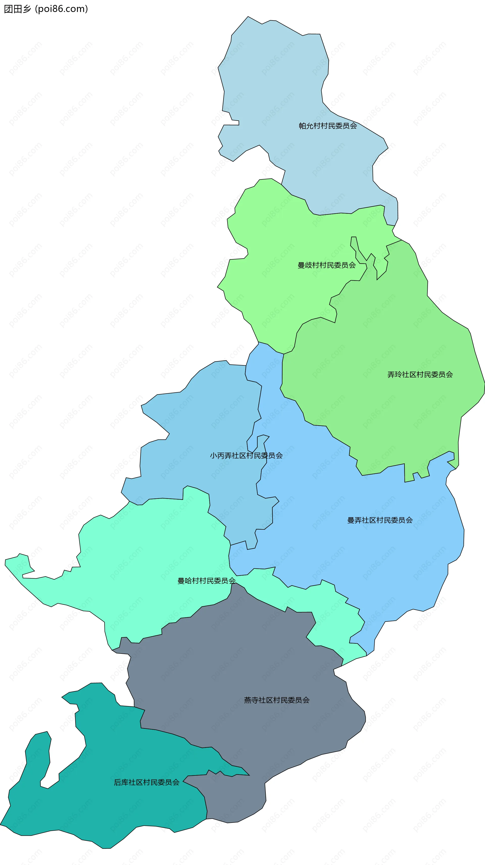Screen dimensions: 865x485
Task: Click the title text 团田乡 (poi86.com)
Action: (x=46, y=9)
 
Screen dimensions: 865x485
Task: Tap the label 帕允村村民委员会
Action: (x=328, y=126)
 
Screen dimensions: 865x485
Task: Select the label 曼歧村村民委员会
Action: (x=326, y=265)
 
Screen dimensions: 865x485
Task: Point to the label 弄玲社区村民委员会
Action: (x=420, y=375)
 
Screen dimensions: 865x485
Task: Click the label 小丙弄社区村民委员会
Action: (x=246, y=456)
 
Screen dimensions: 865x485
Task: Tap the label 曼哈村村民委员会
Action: (x=206, y=581)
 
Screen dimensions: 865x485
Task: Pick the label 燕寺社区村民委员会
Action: (x=277, y=700)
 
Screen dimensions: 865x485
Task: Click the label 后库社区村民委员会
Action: (x=147, y=782)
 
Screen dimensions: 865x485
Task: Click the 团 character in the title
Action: (x=8, y=9)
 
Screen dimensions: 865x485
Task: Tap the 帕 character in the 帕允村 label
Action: (x=303, y=126)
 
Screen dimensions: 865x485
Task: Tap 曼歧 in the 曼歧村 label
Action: (x=305, y=265)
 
